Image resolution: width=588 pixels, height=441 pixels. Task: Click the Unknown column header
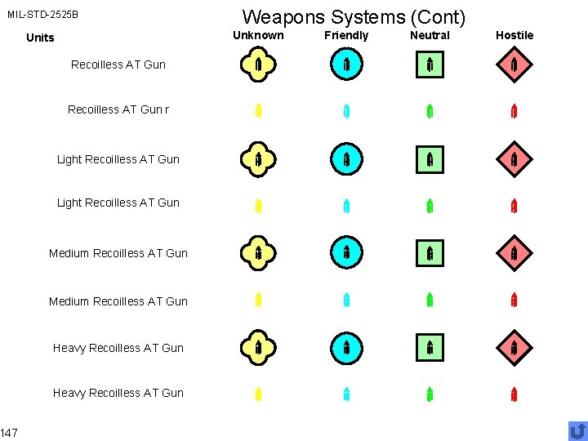point(258,35)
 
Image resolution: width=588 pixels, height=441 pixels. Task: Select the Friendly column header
point(346,36)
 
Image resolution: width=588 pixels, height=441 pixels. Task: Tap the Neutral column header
point(430,35)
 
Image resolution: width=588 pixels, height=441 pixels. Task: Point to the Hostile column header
point(514,35)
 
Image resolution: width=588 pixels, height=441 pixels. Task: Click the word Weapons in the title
point(283,17)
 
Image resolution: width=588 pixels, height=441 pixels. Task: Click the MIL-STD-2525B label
point(42,15)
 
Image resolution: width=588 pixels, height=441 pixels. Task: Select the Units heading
point(40,38)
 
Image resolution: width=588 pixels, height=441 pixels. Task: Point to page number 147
point(9,433)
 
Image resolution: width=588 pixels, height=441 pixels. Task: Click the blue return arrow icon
point(578,431)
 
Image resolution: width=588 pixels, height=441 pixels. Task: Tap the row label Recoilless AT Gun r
point(118,109)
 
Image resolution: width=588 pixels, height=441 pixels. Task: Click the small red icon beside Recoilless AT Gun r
point(514,111)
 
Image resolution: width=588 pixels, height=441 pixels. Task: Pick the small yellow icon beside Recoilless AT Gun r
point(258,111)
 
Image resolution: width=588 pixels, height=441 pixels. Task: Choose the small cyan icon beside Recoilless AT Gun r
point(346,111)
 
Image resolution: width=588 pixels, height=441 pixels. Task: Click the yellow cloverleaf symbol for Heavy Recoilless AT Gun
point(258,348)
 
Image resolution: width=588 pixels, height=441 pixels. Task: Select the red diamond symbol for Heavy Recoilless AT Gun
point(514,348)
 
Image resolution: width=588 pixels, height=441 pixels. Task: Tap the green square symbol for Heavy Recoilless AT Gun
point(430,348)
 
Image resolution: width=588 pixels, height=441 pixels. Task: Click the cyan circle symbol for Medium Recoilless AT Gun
point(346,252)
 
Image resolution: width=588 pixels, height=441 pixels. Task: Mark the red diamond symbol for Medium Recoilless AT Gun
point(514,253)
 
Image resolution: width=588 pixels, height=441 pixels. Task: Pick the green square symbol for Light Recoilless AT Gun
point(430,160)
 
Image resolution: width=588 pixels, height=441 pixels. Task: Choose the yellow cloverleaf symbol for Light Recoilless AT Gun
point(258,159)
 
